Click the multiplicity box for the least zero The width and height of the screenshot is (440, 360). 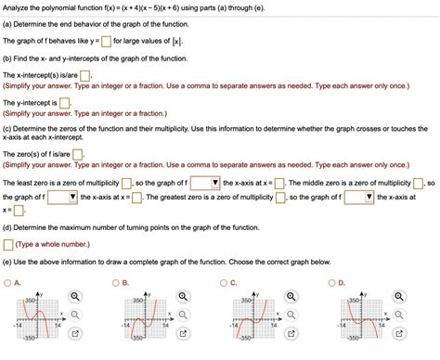(x=138, y=182)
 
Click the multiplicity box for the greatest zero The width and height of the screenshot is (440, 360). (x=281, y=197)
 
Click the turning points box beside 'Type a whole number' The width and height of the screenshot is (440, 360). (x=8, y=245)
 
